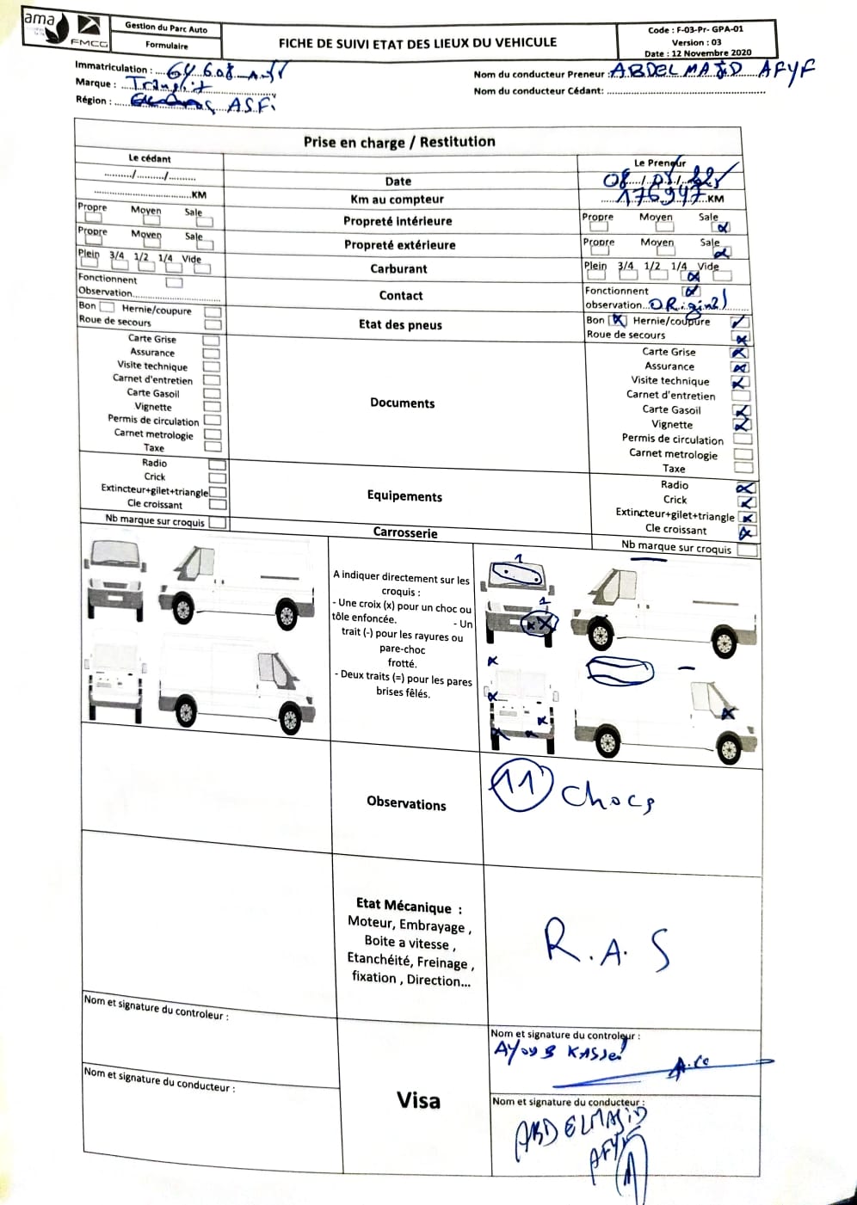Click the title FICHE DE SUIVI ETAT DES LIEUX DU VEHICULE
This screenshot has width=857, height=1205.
pos(417,42)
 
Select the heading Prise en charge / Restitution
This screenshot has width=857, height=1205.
pos(399,142)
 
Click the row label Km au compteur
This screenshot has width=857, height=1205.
pos(397,199)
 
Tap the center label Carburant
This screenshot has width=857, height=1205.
pos(398,268)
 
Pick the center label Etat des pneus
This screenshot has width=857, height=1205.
pos(400,324)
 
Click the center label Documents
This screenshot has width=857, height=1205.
pos(402,403)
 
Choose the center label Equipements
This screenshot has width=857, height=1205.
pos(404,496)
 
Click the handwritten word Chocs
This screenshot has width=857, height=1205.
pos(607,797)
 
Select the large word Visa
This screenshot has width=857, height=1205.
pos(418,1100)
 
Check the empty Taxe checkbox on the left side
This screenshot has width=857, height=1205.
pos(213,447)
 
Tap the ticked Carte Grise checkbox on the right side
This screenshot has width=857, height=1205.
pos(739,353)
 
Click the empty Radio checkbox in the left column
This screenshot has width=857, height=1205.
pos(218,464)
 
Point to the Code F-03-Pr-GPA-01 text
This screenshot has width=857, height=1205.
pos(695,29)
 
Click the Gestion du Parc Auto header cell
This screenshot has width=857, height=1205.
pos(166,27)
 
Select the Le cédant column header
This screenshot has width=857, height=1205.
pos(150,158)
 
